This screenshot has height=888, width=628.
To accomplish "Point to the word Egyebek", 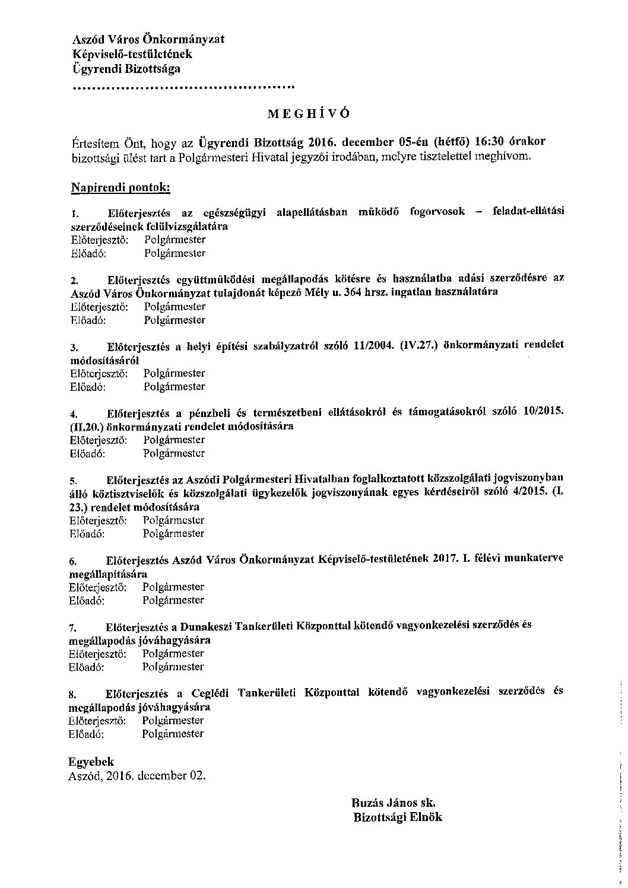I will tap(91, 762).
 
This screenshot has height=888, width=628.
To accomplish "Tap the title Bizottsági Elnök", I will tap(397, 817).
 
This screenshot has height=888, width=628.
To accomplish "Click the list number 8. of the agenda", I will tap(72, 693).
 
